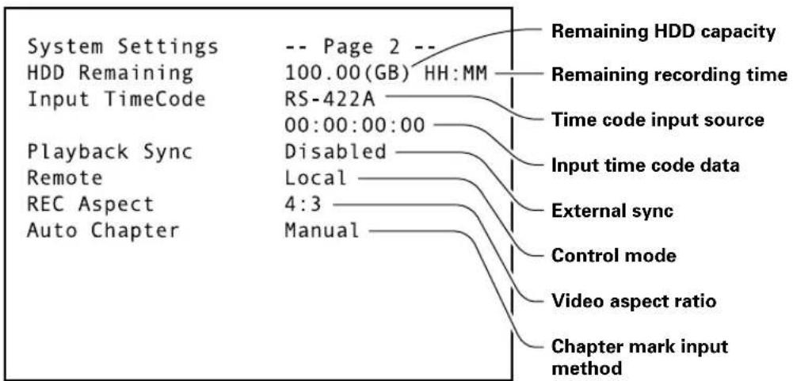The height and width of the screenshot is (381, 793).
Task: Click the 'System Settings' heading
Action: (x=122, y=48)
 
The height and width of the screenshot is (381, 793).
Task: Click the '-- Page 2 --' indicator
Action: (x=360, y=48)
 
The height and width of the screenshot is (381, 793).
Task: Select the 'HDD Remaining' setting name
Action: (x=110, y=74)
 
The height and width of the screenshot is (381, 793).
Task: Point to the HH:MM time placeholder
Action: (x=456, y=74)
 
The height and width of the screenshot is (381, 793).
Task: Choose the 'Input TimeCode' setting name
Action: (x=116, y=100)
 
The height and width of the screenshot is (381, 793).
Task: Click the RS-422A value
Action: (x=330, y=100)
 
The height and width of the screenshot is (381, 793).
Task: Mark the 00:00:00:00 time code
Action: (x=355, y=126)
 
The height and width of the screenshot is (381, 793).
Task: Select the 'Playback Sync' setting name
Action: (x=110, y=152)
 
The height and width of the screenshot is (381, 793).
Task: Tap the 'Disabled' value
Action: (x=335, y=152)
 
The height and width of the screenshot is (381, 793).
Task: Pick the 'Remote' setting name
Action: (x=65, y=178)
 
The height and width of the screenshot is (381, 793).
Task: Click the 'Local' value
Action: (x=316, y=178)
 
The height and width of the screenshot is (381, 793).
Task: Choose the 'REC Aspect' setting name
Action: (x=90, y=204)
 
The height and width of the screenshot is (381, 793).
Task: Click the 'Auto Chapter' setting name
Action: (x=103, y=231)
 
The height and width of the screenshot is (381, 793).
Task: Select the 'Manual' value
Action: (x=322, y=231)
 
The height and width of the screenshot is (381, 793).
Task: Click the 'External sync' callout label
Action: (x=612, y=211)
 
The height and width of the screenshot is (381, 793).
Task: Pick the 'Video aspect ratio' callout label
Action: (x=633, y=301)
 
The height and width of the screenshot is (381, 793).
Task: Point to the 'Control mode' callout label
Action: (x=613, y=256)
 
